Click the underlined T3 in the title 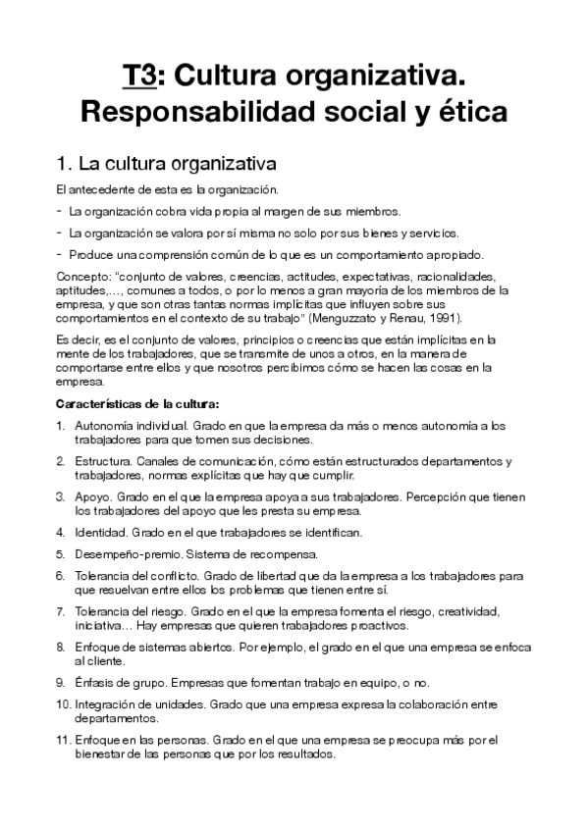pyautogui.click(x=137, y=75)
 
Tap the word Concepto pyautogui.click(x=85, y=277)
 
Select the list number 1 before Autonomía pyautogui.click(x=61, y=426)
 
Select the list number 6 pyautogui.click(x=61, y=575)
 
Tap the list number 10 pyautogui.click(x=62, y=703)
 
